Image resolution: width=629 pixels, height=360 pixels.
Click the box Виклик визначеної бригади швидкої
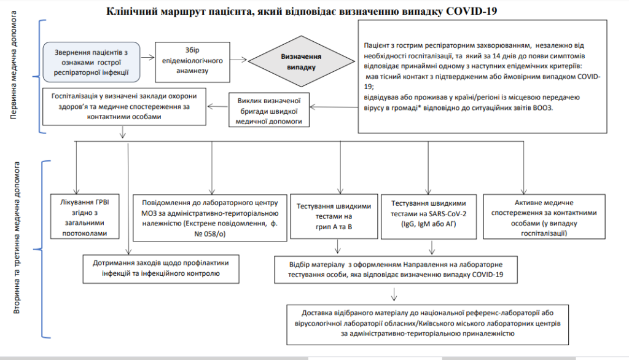[268, 110]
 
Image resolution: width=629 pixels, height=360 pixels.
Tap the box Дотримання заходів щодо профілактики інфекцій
[161, 267]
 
